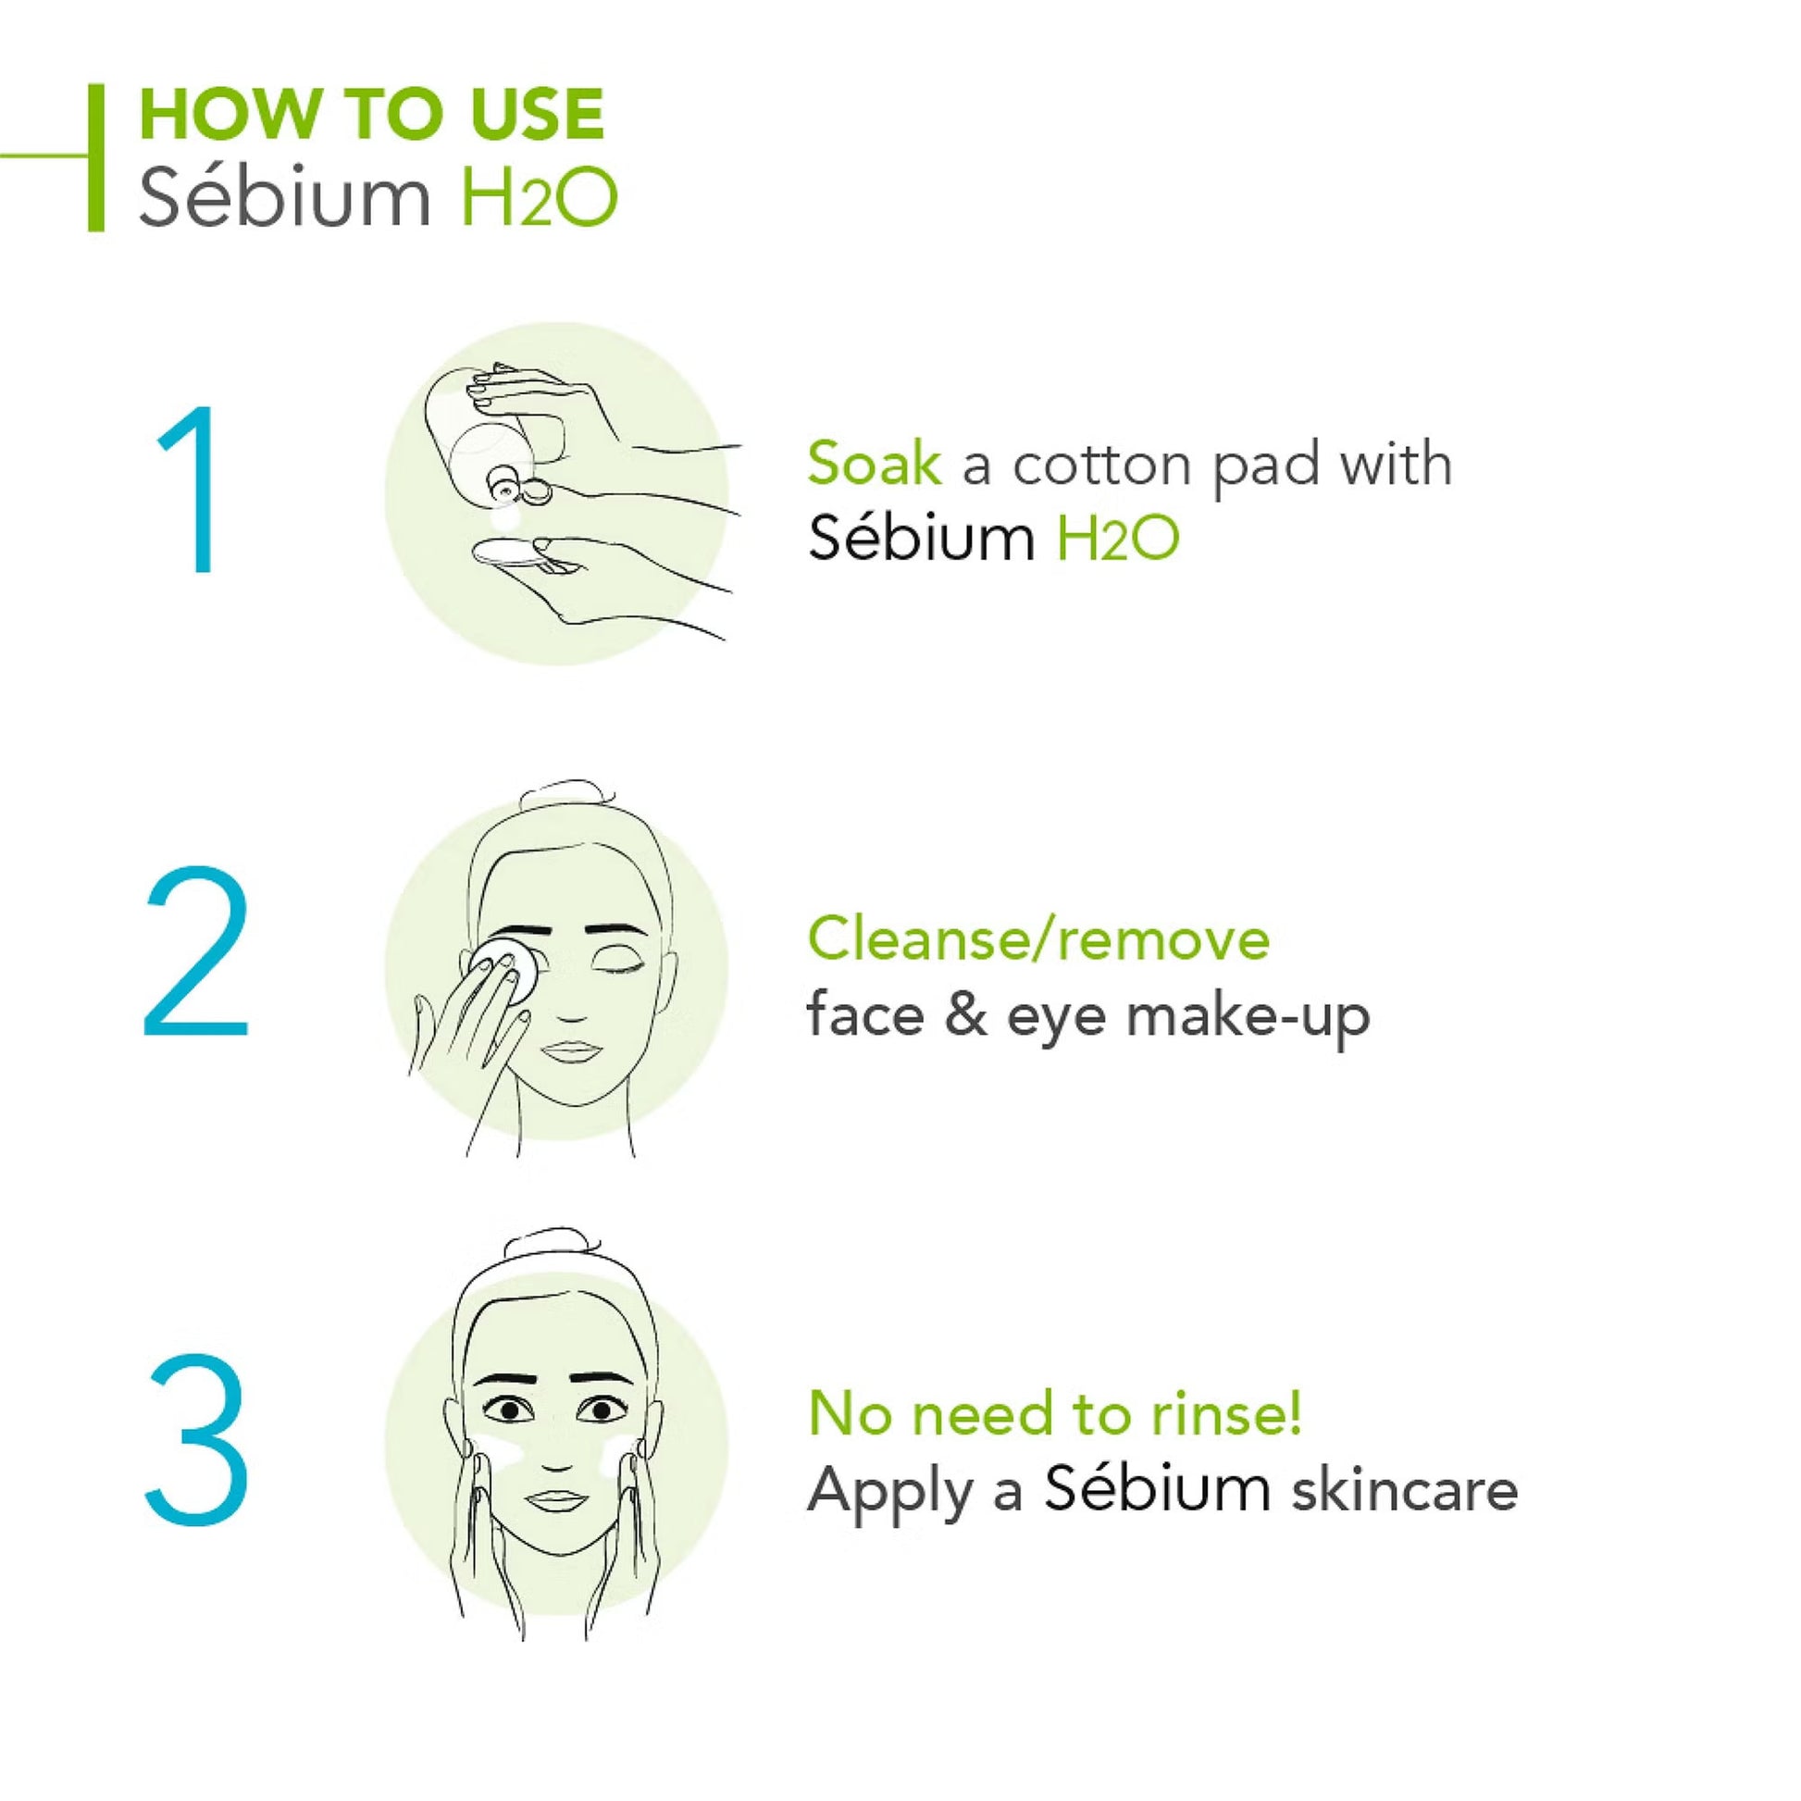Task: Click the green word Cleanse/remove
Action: [x=1037, y=938]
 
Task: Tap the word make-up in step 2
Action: [x=1248, y=1016]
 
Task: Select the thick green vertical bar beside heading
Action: [x=96, y=156]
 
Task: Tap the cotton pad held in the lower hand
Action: [x=508, y=555]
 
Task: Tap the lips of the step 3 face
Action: [x=555, y=1499]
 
